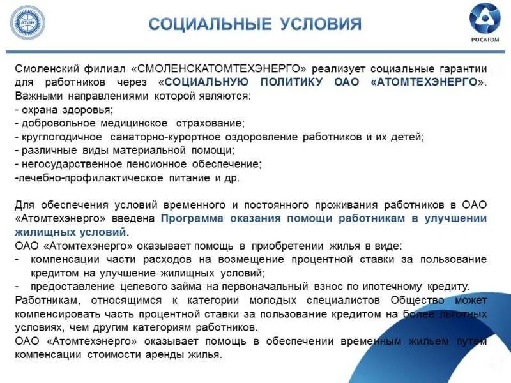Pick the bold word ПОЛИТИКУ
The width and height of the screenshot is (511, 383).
coord(293,82)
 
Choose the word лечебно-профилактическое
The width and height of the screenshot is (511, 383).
coord(76,178)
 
